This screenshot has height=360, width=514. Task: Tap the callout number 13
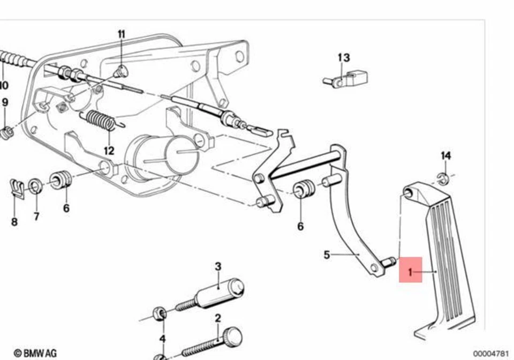[343, 58]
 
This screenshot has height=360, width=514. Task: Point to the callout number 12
[109, 151]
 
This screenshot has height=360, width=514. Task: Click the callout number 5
[327, 254]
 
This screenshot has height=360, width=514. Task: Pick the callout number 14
[445, 155]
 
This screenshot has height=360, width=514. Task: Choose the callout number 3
[217, 266]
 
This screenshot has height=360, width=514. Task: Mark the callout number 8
[14, 221]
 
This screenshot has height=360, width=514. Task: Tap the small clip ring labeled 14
[443, 179]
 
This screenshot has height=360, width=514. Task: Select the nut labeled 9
[6, 132]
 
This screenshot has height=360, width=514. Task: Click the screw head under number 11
[121, 70]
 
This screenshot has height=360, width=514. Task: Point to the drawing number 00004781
[492, 353]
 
